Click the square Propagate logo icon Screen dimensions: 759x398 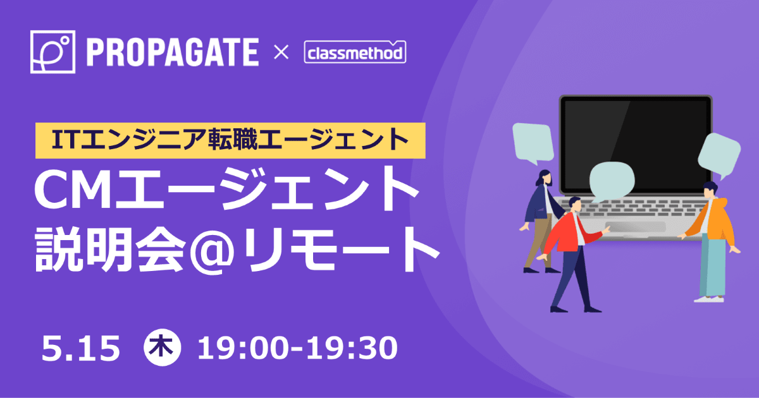[x=52, y=52]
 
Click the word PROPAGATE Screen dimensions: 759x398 [x=173, y=52]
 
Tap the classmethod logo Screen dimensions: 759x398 [x=355, y=52]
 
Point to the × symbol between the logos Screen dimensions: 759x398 [x=281, y=52]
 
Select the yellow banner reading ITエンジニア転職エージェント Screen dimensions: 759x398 [x=230, y=140]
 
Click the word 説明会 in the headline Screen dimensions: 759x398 [x=111, y=250]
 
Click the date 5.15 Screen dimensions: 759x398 [x=81, y=348]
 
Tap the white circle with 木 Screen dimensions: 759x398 [x=163, y=347]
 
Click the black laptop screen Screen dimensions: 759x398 [x=636, y=145]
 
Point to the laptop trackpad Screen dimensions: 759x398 [x=635, y=227]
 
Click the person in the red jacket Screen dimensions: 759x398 [x=572, y=254]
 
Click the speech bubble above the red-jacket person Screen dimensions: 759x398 [x=612, y=182]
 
